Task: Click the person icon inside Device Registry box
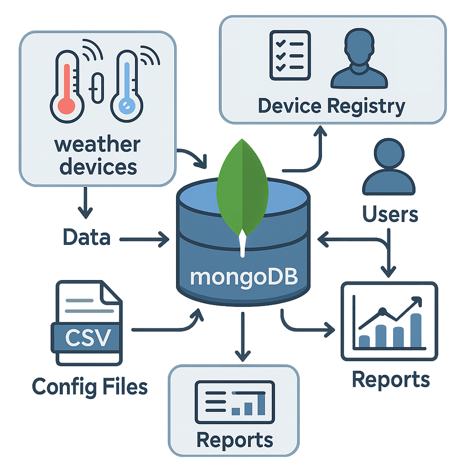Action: [x=359, y=59]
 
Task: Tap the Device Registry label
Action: [x=331, y=106]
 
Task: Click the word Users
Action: [x=390, y=213]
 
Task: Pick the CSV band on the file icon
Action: [x=87, y=338]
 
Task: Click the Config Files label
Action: [x=90, y=387]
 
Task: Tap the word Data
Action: [x=86, y=238]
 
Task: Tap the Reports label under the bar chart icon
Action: [x=391, y=379]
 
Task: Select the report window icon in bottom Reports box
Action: [x=234, y=401]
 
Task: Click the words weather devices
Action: [x=98, y=156]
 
